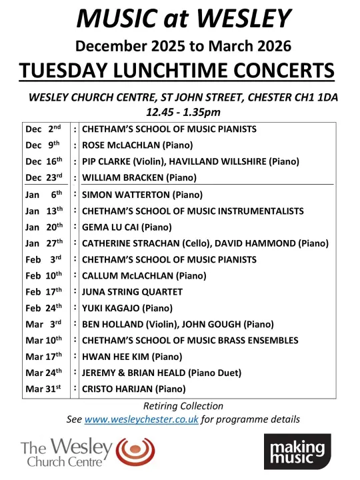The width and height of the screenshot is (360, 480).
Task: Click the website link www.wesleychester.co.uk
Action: pyautogui.click(x=141, y=419)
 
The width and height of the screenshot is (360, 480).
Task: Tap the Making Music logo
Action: pyautogui.click(x=297, y=452)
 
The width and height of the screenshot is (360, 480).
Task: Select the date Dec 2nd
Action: pyautogui.click(x=44, y=129)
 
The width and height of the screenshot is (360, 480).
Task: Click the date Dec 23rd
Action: pyautogui.click(x=44, y=177)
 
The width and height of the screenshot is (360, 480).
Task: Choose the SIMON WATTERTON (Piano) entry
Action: pyautogui.click(x=141, y=195)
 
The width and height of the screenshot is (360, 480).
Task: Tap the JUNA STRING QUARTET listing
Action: pyautogui.click(x=132, y=292)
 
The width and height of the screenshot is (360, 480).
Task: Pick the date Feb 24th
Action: pyautogui.click(x=44, y=308)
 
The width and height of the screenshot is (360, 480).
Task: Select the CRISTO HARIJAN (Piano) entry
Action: pyautogui.click(x=133, y=389)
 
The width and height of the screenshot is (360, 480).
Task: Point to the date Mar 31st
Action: pyautogui.click(x=44, y=389)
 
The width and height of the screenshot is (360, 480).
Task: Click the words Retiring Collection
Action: pyautogui.click(x=183, y=406)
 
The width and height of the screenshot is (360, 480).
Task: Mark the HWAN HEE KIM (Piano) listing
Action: pyautogui.click(x=131, y=357)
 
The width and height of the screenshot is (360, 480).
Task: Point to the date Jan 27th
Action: pyautogui.click(x=44, y=243)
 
